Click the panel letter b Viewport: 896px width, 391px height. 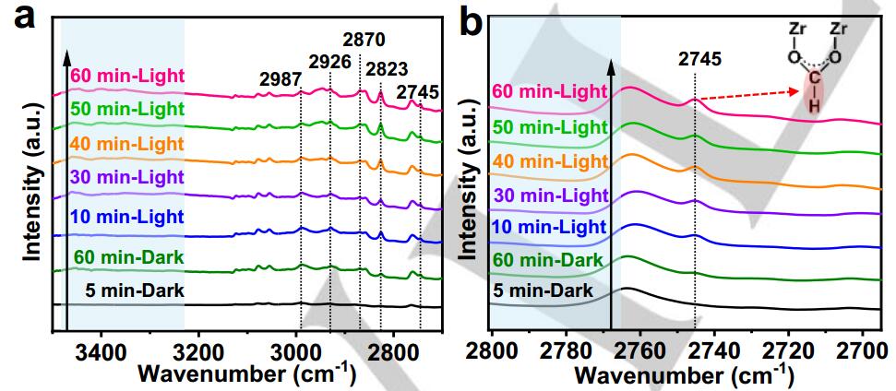tap(472, 19)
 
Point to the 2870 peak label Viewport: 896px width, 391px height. tap(363, 40)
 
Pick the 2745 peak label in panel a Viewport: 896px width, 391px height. tap(418, 92)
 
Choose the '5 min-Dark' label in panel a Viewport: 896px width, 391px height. tap(135, 291)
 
